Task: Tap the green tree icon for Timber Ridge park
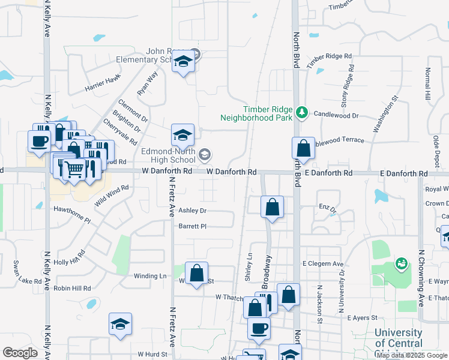pos(303,112)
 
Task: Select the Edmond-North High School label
pos(169,156)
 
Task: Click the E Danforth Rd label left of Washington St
pos(328,173)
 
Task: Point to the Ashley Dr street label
pos(192,211)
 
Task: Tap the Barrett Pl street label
pos(192,226)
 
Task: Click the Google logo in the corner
pos(19,353)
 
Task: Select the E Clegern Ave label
pos(323,263)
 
